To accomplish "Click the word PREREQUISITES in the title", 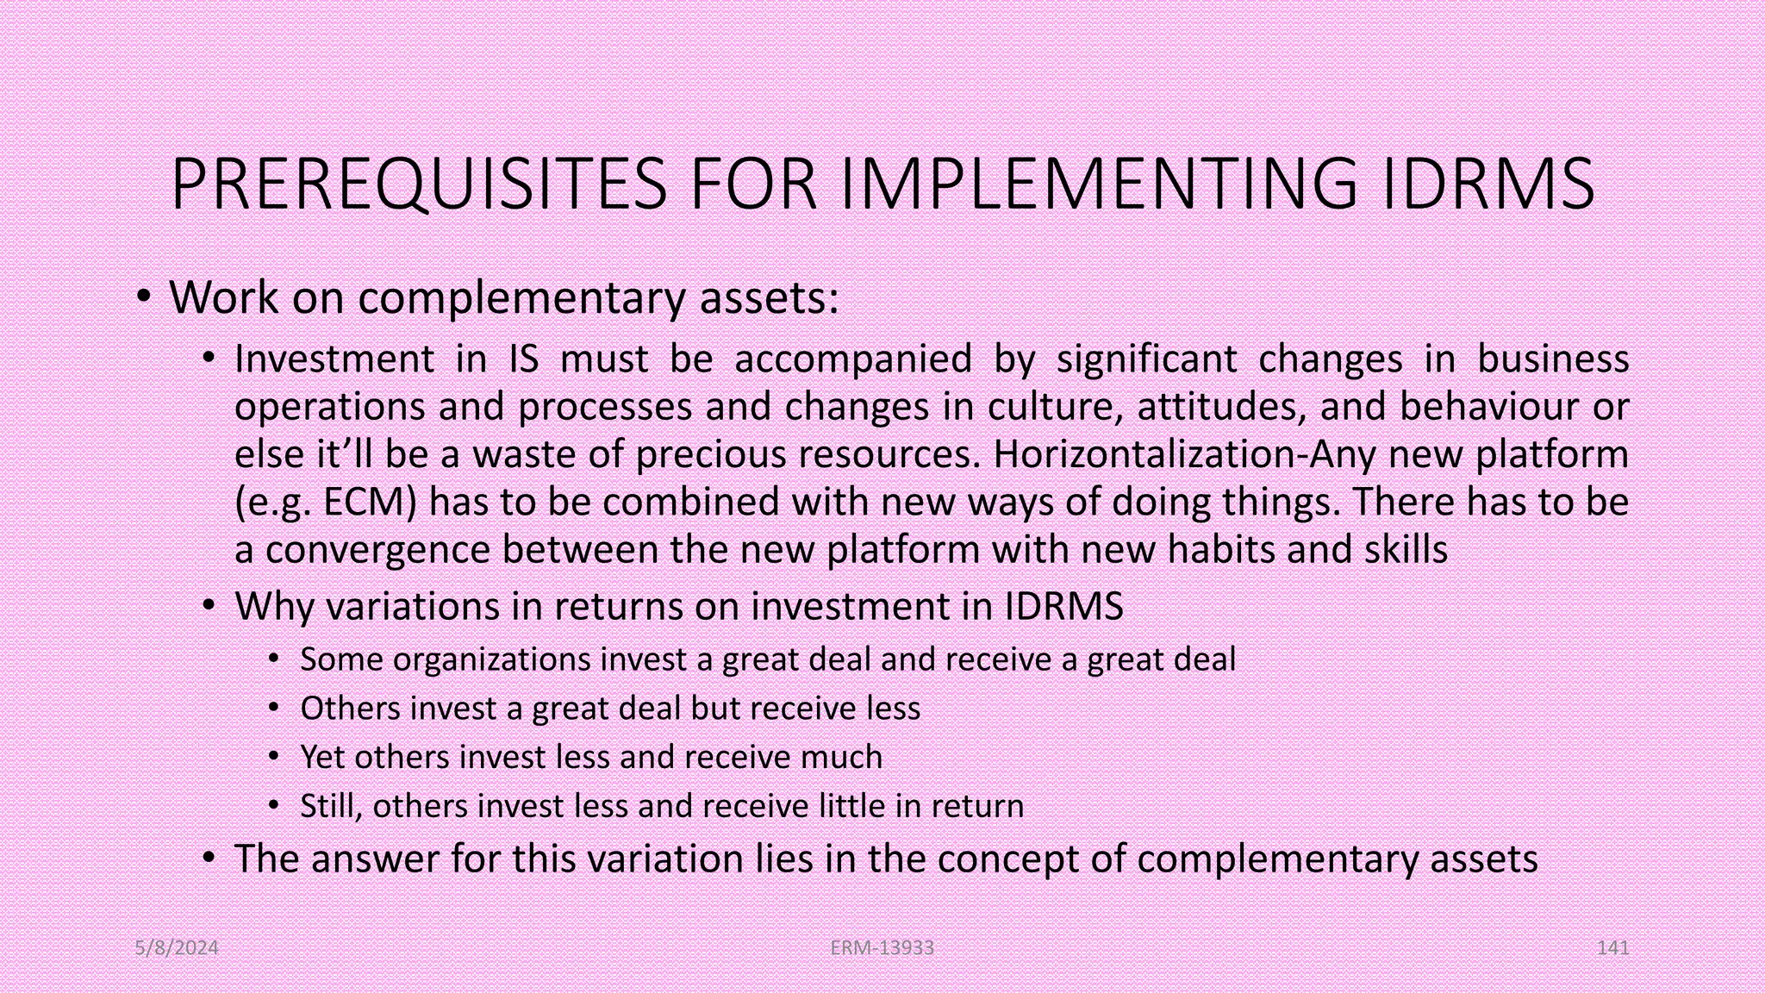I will tap(419, 184).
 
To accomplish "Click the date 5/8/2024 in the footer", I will tap(177, 948).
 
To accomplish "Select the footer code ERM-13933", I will tap(882, 948).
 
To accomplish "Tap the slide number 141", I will tap(1612, 948).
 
